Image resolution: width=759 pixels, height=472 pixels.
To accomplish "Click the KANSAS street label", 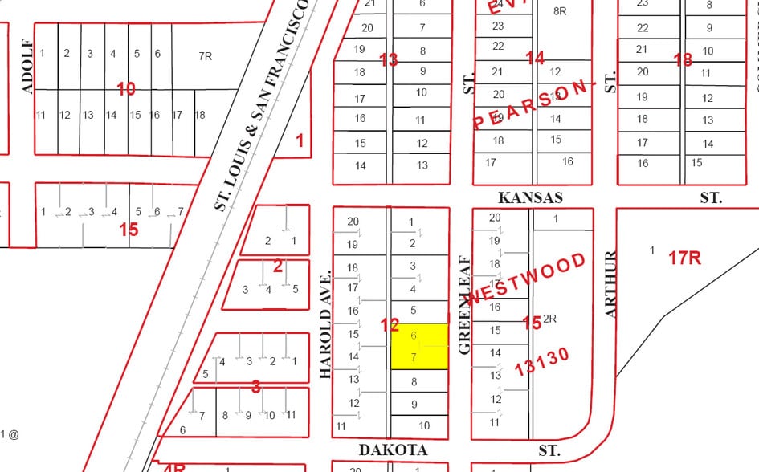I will [530, 197].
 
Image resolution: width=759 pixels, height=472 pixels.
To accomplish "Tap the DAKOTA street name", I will [393, 450].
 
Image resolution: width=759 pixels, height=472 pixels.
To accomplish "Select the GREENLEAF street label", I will [463, 305].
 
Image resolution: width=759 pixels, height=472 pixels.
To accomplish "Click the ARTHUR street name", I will [610, 284].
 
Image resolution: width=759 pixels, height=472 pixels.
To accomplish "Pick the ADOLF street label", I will [28, 66].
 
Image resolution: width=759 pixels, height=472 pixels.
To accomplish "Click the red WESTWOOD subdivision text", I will [527, 279].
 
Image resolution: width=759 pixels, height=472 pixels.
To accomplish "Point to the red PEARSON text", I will [534, 104].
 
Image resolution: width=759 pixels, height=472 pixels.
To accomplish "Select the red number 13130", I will [542, 361].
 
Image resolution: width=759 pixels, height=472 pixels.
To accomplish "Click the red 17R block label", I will [685, 258].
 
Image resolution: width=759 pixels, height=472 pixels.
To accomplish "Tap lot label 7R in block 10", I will [206, 56].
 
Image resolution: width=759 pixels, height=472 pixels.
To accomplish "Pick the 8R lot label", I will [560, 11].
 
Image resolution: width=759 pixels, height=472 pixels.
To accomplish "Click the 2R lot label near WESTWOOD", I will [550, 319].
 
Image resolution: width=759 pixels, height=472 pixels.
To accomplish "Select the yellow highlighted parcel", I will [418, 346].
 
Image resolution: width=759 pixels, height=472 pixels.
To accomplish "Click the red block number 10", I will [126, 89].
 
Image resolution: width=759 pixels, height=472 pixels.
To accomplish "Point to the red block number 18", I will [683, 60].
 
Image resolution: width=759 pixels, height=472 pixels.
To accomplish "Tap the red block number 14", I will [535, 58].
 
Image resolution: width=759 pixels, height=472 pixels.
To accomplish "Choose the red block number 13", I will [389, 59].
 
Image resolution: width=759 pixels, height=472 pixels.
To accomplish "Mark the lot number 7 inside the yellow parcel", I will [414, 357].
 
